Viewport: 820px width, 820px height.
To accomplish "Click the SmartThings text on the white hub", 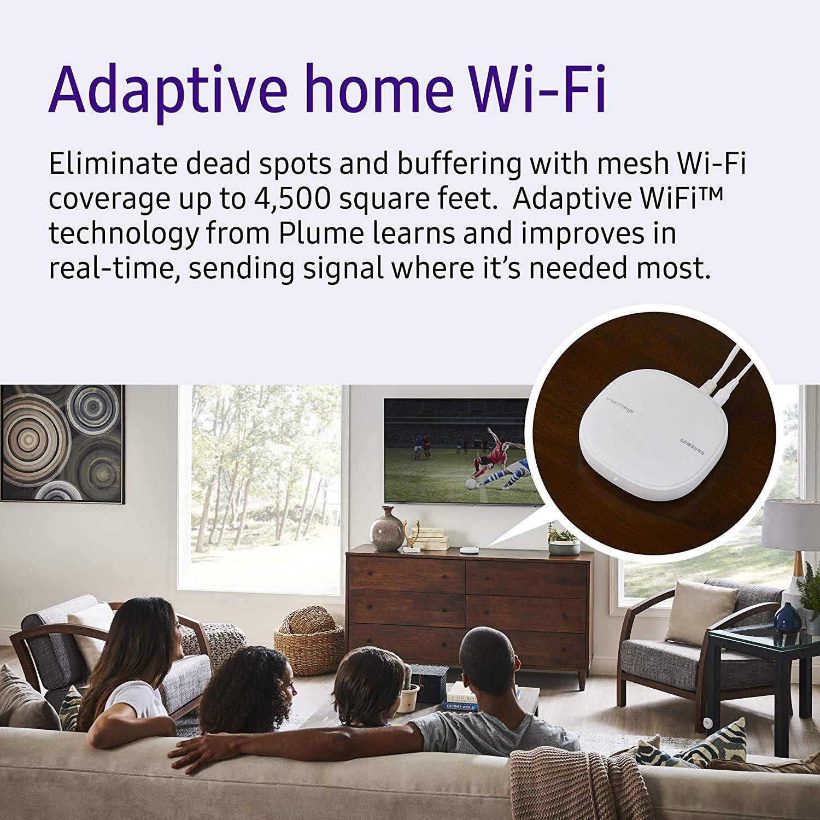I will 619,403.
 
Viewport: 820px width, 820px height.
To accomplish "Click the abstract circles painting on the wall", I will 60,443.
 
